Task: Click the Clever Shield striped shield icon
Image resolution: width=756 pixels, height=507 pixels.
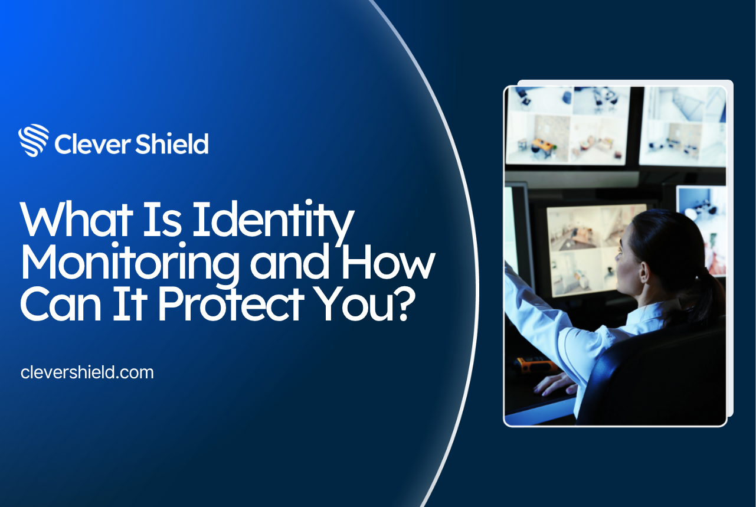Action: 34,140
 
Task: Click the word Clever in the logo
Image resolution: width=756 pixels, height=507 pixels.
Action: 92,144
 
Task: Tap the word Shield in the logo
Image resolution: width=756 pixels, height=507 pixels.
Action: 172,143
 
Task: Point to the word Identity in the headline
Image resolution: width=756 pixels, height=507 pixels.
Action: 273,223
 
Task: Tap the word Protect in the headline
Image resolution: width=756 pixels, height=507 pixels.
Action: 231,305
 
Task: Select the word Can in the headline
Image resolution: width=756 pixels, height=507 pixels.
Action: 61,305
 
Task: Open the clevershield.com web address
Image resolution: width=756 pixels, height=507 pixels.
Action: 87,372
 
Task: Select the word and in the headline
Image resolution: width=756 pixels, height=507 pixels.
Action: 289,262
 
